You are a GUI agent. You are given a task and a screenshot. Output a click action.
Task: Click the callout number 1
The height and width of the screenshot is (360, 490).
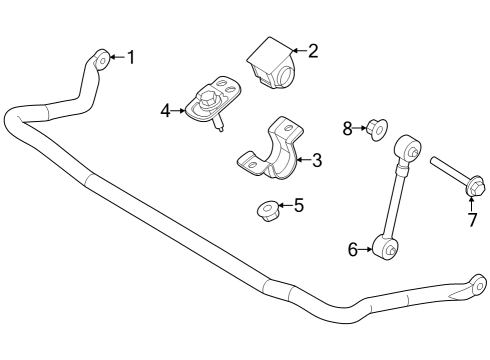tap(130, 57)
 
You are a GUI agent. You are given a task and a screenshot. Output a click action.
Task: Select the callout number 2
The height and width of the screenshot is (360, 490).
tap(312, 50)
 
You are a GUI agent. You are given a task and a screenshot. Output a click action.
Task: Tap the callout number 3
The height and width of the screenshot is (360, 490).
tap(316, 159)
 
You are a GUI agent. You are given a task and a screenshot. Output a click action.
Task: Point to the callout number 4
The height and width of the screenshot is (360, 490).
tap(165, 111)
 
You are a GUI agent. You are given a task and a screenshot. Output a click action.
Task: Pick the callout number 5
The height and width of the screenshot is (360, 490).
tap(298, 206)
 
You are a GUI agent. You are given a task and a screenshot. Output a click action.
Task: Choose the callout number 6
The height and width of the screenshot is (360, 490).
tap(352, 250)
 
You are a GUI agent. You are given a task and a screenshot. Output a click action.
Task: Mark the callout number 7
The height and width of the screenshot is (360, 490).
tap(472, 221)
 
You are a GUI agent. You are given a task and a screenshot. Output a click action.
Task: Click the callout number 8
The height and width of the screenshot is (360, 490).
tap(348, 127)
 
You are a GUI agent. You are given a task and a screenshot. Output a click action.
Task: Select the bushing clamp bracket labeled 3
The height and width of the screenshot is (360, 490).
tap(275, 152)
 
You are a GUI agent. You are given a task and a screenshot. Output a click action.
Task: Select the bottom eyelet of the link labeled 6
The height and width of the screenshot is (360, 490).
tap(384, 244)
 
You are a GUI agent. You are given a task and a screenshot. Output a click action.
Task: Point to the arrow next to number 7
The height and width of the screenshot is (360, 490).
tap(472, 203)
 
